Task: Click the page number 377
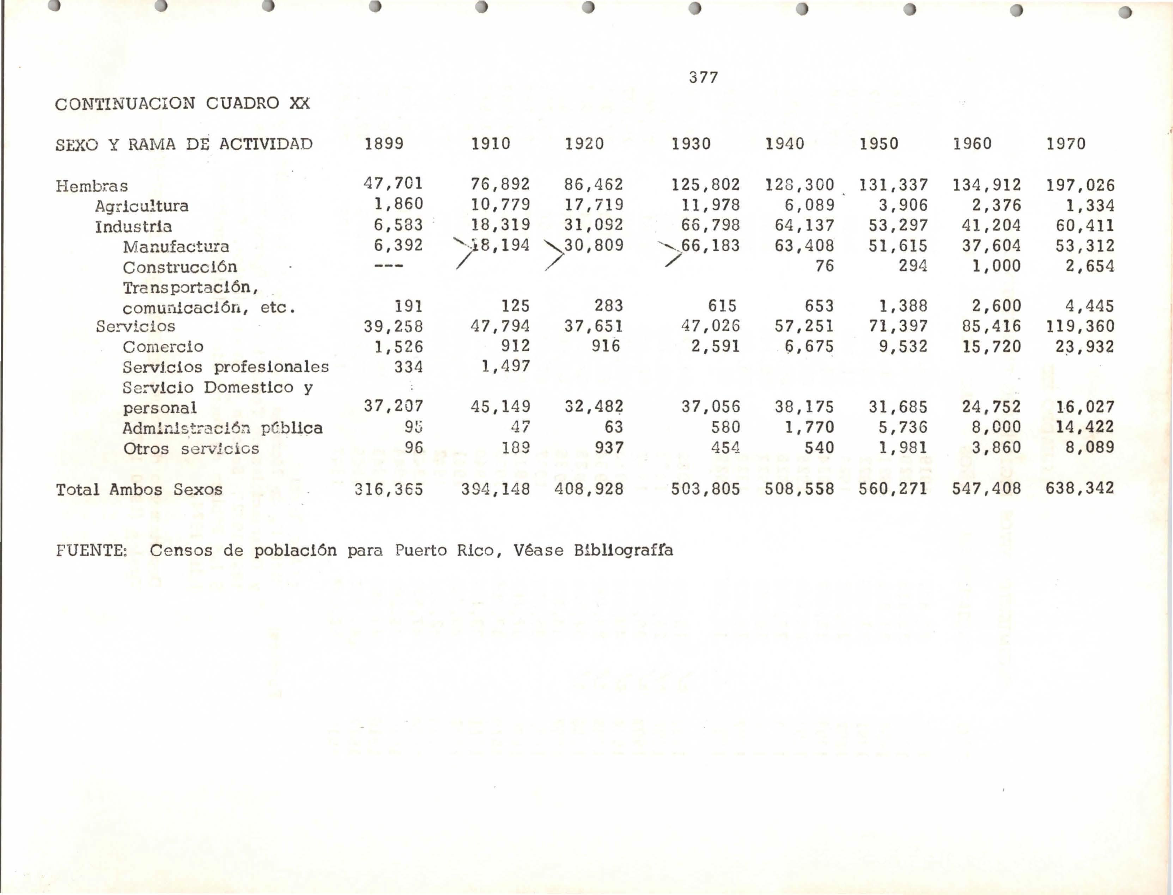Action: (x=703, y=78)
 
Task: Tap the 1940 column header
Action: (x=784, y=144)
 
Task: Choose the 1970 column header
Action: (x=1065, y=144)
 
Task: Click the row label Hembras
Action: (x=92, y=186)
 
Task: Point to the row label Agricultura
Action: (x=142, y=206)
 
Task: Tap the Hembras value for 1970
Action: (x=1080, y=185)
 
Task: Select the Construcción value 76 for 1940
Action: (x=824, y=266)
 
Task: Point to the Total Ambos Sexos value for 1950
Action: (x=892, y=488)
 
